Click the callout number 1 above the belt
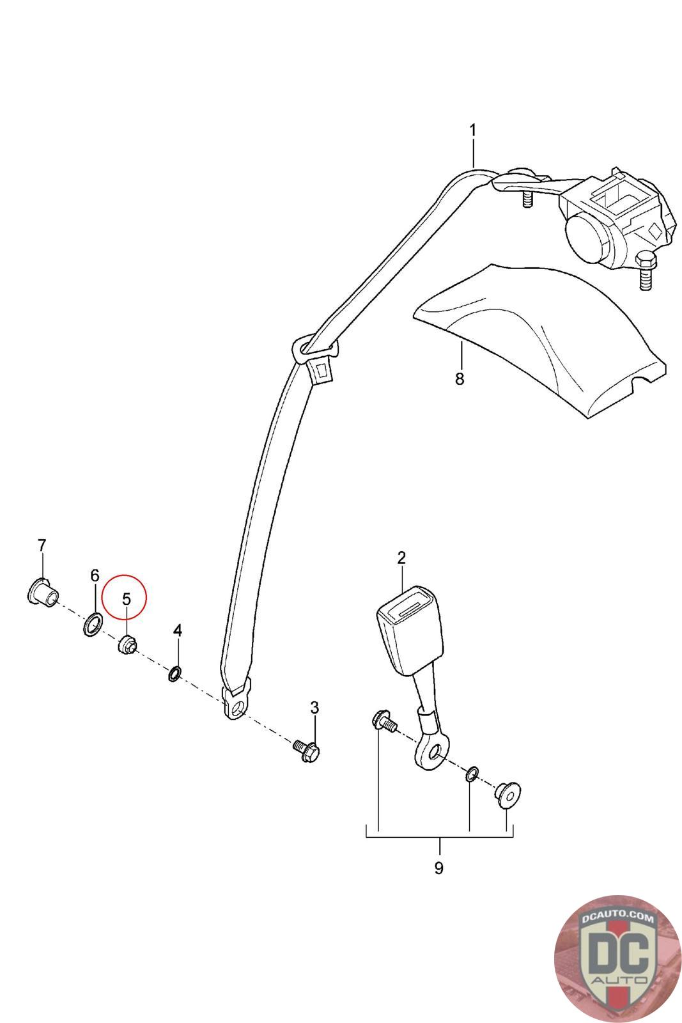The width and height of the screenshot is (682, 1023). (x=473, y=130)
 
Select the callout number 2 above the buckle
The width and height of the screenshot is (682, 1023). (x=401, y=558)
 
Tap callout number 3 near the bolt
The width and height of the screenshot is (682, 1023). (x=314, y=707)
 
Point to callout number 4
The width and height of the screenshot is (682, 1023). (x=178, y=630)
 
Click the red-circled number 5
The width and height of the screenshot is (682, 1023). (x=126, y=599)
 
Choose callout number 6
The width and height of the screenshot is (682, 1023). (x=95, y=575)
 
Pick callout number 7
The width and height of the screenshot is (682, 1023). (x=42, y=545)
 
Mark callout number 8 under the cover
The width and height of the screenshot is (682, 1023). (x=460, y=379)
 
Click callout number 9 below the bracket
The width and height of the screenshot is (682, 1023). (x=438, y=868)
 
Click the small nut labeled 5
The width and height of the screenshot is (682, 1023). (x=125, y=645)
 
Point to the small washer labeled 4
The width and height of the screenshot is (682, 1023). (x=174, y=673)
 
